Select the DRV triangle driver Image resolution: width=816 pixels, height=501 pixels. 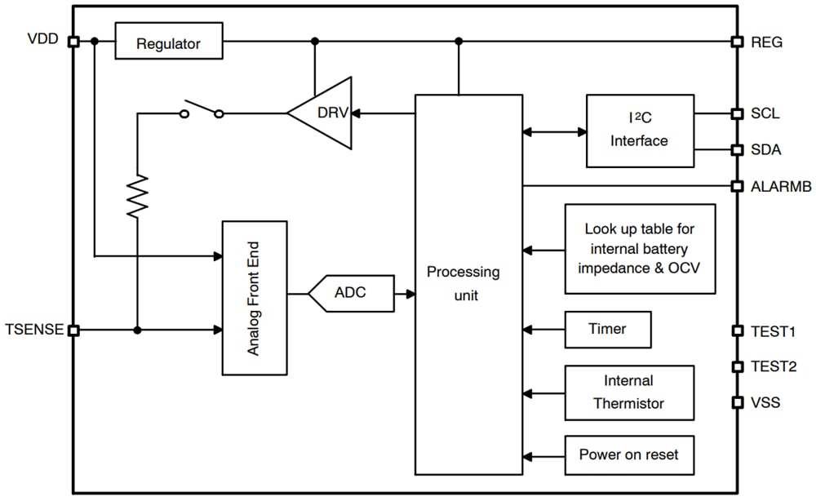pos(326,113)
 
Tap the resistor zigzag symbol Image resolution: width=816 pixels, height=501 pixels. pos(137,196)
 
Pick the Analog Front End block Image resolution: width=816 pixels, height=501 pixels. pos(255,298)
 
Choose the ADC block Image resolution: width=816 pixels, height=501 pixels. pos(351,293)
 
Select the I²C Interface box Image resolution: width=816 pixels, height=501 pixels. pos(640,131)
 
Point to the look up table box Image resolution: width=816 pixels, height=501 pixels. pos(640,249)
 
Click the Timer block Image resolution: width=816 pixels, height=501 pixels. pos(607,330)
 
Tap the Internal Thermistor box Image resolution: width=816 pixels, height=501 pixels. pos(628,392)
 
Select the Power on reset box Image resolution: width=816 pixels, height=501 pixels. pos(628,454)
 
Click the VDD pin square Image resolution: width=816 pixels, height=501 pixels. pos(73,41)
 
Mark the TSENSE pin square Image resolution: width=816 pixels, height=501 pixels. pos(73,330)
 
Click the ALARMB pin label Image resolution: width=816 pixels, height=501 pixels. pos(781,186)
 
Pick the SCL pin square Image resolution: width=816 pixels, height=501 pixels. pos(737,113)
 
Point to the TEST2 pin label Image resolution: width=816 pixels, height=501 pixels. pos(774,367)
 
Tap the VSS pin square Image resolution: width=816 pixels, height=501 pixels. pos(737,402)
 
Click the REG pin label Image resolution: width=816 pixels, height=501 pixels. pos(767,42)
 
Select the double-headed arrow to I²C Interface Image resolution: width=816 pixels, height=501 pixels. pos(554,131)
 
